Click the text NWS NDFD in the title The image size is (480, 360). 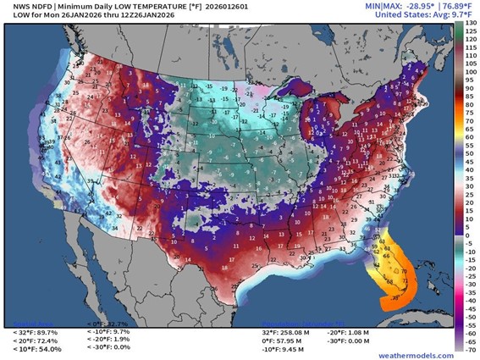pyautogui.click(x=25, y=6)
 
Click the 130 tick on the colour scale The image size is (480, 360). pyautogui.click(x=471, y=26)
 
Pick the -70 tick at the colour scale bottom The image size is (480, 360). pyautogui.click(x=471, y=346)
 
